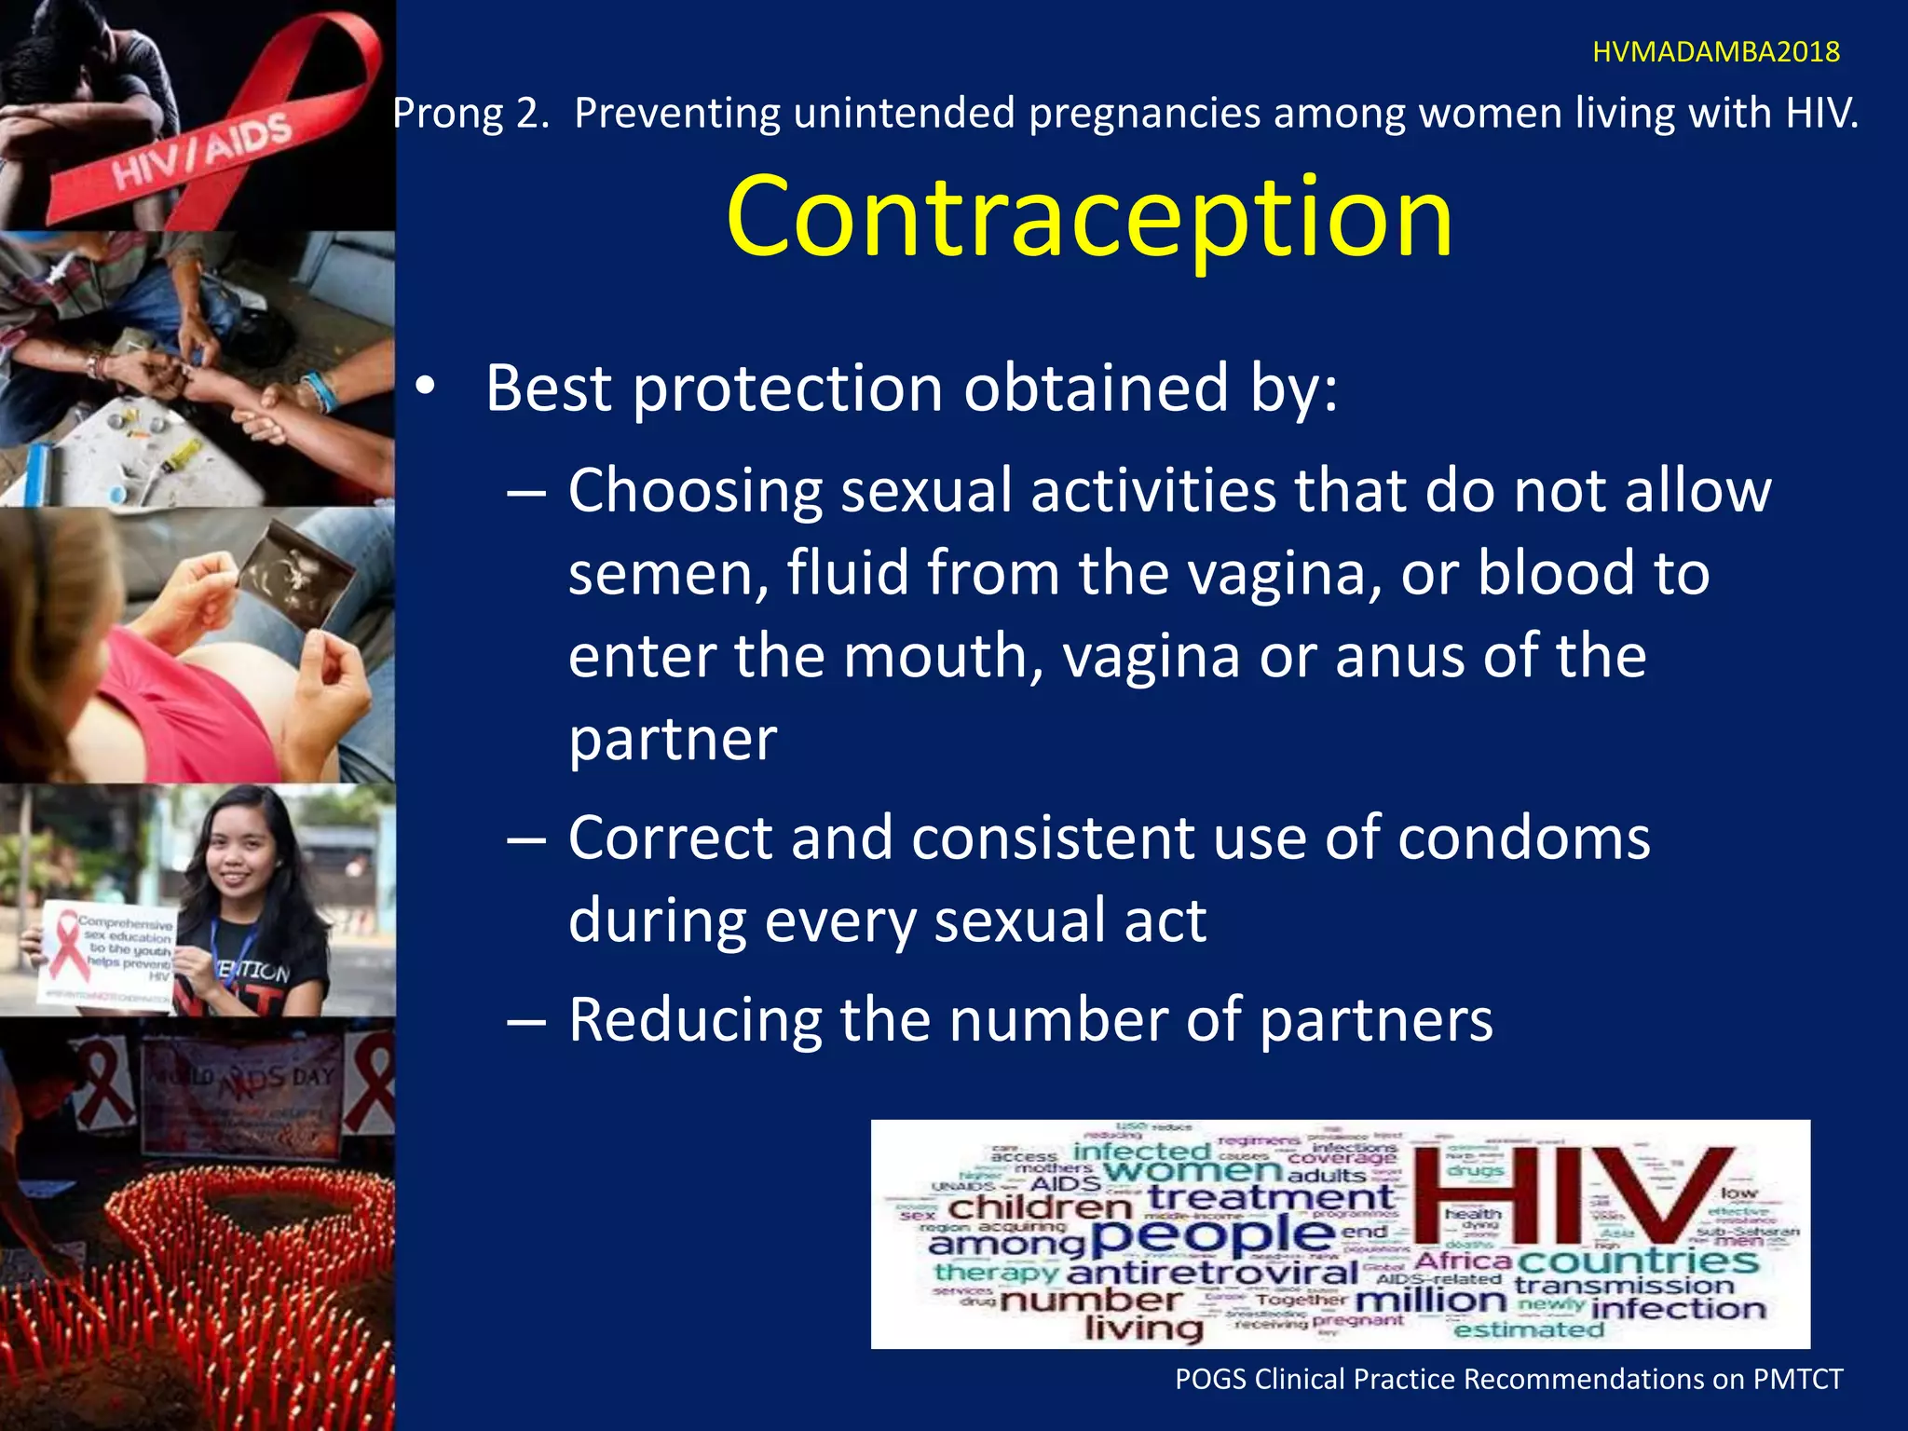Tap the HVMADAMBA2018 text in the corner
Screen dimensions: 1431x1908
[1715, 52]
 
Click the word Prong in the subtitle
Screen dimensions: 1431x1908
[448, 114]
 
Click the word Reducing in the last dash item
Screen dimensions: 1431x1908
[694, 1019]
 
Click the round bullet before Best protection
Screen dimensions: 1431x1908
[425, 389]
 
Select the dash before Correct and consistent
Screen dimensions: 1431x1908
[526, 838]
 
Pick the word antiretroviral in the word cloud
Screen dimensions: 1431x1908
[1212, 1272]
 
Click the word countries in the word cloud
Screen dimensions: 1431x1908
[1637, 1261]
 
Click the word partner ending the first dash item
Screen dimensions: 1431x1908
[672, 740]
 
